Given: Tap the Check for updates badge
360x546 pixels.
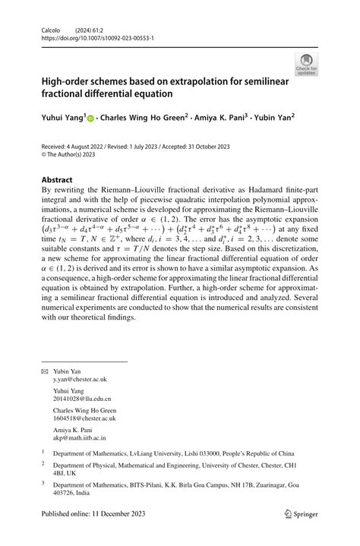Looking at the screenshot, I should (x=306, y=64).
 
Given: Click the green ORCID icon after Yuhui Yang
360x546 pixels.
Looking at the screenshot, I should (x=90, y=118).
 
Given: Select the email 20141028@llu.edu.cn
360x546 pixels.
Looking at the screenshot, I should (x=84, y=399).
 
